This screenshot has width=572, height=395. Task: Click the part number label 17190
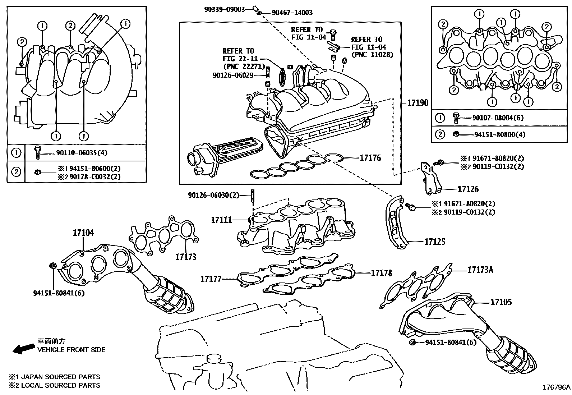pos(418,103)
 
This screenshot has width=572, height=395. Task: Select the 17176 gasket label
pos(370,158)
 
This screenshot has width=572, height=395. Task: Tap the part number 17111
pos(221,220)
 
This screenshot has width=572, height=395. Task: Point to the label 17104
pos(83,233)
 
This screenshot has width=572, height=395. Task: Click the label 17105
pos(501,302)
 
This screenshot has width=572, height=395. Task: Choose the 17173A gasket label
pos(480,270)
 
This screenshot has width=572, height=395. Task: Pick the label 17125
pos(435,242)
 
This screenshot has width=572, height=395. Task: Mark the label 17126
pos(468,189)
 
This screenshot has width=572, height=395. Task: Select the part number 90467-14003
pos(292,13)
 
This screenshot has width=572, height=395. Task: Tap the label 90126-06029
pos(233,75)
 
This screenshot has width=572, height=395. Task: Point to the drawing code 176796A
pos(556,387)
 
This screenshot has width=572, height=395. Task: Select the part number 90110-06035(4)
pos(82,153)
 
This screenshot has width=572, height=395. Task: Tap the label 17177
pos(211,279)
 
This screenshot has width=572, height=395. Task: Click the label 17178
pos(381,273)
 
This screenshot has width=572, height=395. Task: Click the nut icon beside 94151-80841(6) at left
pos(52,266)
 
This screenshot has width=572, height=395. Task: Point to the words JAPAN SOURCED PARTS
pos(60,377)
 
